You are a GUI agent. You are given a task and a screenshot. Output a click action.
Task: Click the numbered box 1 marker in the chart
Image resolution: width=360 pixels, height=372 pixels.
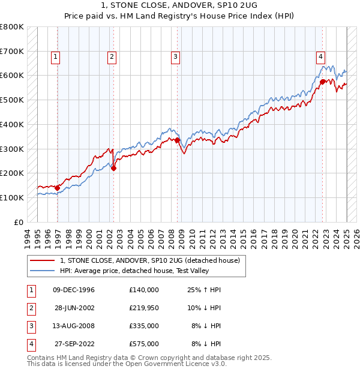pos(55,57)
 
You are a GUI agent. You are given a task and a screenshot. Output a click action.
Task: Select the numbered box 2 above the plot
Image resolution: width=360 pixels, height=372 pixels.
pos(112,57)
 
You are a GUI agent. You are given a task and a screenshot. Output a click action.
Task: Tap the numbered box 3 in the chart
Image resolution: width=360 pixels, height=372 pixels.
pos(175,57)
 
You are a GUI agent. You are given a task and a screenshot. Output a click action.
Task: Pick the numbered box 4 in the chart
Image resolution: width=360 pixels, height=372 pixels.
pos(321,57)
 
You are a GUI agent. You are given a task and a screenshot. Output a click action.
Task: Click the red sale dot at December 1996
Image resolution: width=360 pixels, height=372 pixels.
pos(58,188)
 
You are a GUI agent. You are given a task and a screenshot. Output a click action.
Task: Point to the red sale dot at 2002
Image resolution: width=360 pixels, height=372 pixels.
pos(114,168)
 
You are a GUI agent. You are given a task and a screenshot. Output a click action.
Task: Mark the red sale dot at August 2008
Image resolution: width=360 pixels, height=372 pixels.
pos(177,140)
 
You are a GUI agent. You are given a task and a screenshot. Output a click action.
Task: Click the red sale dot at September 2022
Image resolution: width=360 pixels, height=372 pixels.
pos(323,82)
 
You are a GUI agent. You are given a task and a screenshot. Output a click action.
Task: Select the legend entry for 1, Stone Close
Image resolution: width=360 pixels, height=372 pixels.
pos(149,260)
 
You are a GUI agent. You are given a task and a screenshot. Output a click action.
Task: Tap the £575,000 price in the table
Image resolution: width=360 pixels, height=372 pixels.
pos(144,344)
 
